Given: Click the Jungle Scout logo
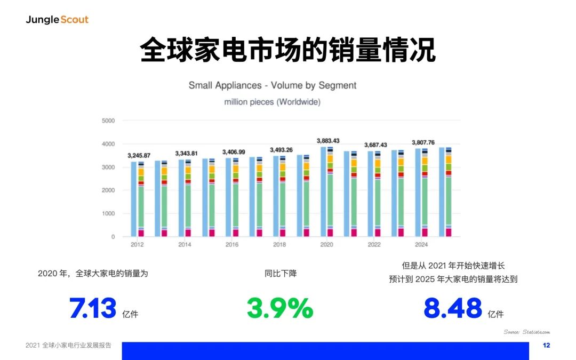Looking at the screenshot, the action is coord(57,20).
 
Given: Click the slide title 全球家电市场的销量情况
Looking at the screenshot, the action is coord(287,50).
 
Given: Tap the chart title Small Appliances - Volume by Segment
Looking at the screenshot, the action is coord(272,85).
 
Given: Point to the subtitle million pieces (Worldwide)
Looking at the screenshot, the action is coord(272,102).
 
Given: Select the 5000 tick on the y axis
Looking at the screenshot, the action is coord(108,121).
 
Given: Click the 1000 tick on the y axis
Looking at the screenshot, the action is coord(108,213).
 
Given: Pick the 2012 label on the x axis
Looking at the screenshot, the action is coord(137,244).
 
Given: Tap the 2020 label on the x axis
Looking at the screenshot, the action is coord(326,244).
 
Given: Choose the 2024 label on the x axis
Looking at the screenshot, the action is coord(421,244).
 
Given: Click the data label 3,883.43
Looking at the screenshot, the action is coord(328,141).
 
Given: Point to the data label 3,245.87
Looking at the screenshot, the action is coord(139,155).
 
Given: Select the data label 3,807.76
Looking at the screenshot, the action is coord(423,142).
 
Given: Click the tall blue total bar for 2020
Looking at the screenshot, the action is coord(323,192).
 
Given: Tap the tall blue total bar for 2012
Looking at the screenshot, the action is coord(134,199).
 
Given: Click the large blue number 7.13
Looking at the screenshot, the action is coord(93,308).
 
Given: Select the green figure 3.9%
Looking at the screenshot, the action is coord(280,308).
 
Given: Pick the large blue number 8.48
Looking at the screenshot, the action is coord(453,308).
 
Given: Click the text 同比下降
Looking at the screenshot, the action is coord(281,273).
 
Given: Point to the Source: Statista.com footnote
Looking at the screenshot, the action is coord(527,332).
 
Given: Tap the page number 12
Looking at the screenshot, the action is coord(546,345).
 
